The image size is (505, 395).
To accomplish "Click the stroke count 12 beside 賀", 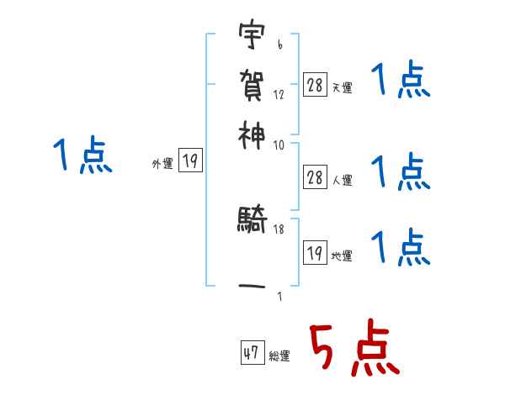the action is click(x=279, y=94).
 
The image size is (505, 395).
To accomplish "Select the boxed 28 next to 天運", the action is click(x=315, y=84).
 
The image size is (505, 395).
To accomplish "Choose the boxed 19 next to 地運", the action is click(x=315, y=252).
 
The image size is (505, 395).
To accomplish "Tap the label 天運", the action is click(x=342, y=87).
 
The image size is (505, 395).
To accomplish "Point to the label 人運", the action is click(x=342, y=179).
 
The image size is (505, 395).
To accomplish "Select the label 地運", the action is click(x=342, y=255).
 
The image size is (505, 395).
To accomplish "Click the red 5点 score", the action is click(x=352, y=349).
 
